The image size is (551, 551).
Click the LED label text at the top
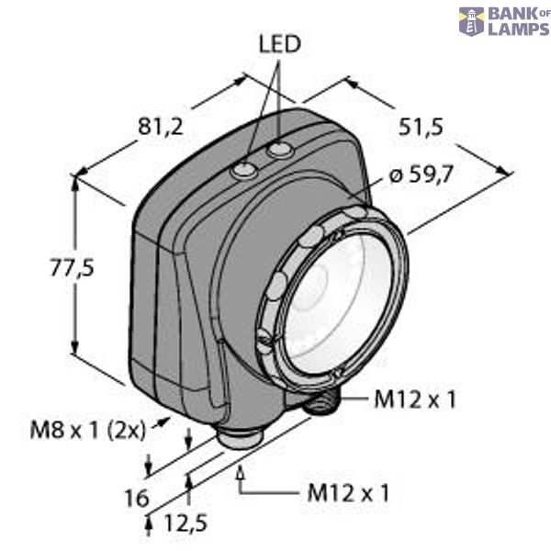pyautogui.click(x=280, y=44)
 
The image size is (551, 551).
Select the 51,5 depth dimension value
pyautogui.click(x=422, y=128)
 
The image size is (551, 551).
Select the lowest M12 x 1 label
pyautogui.click(x=346, y=493)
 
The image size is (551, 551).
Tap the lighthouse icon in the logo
pyautogui.click(x=471, y=21)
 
